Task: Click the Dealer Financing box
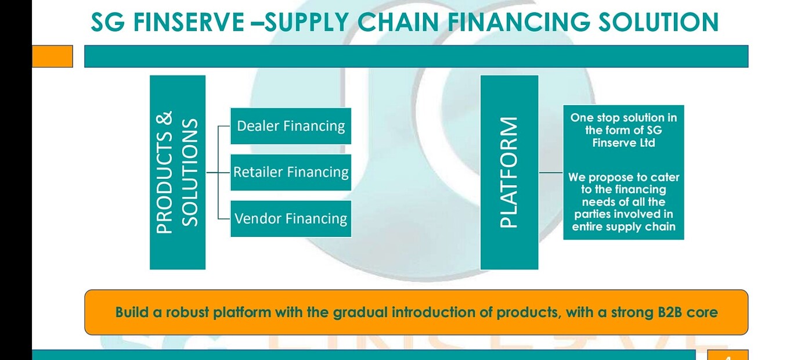pyautogui.click(x=291, y=126)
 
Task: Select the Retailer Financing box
pyautogui.click(x=291, y=172)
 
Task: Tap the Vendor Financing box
pyautogui.click(x=291, y=219)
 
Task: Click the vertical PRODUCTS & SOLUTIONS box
pyautogui.click(x=178, y=172)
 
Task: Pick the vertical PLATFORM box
pyautogui.click(x=509, y=172)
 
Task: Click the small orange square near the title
pyautogui.click(x=52, y=56)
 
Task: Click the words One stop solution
pyautogui.click(x=623, y=118)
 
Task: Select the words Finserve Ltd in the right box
pyautogui.click(x=623, y=143)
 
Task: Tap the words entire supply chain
pyautogui.click(x=623, y=227)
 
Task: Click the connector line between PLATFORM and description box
pyautogui.click(x=550, y=172)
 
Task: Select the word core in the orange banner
pyautogui.click(x=703, y=312)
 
